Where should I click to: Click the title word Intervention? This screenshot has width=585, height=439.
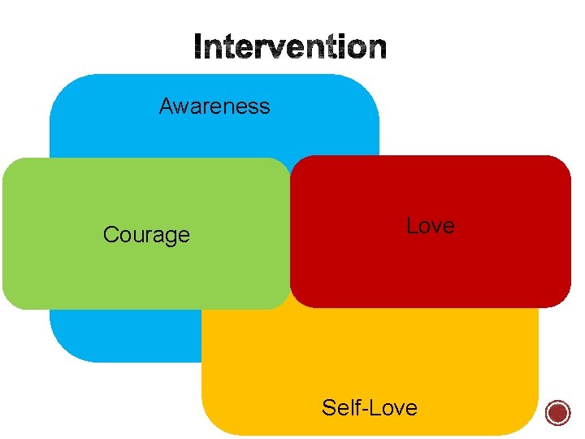coord(290,48)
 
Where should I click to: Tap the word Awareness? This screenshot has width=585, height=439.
coord(214,106)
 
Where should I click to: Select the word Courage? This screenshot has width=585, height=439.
coord(146,235)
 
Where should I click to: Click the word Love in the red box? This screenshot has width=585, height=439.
coord(430,226)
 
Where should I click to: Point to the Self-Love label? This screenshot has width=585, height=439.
coord(369,407)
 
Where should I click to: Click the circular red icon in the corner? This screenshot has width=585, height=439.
coord(558,413)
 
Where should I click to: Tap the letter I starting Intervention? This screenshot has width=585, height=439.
coord(198,48)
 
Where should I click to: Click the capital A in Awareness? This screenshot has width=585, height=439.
coord(166,106)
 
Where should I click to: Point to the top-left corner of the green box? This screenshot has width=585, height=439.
coord(10,165)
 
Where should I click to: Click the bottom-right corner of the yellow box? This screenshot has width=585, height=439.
coord(529,426)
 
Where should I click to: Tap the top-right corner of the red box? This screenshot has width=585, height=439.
coord(564,163)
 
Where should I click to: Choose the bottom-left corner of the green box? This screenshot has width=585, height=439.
coord(10,302)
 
